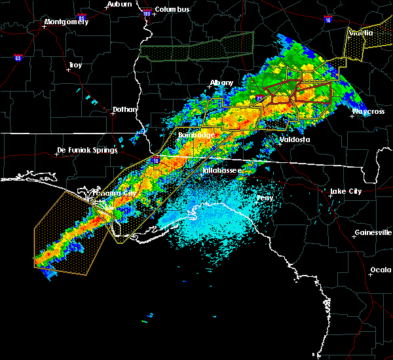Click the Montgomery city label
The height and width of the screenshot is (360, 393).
[x=65, y=22]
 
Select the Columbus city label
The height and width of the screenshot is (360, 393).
[x=173, y=9]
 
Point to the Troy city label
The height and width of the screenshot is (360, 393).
[x=75, y=65]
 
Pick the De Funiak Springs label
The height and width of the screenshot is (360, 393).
[x=87, y=150]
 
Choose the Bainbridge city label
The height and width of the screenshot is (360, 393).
[x=195, y=135]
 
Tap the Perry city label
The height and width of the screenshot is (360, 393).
[x=265, y=197]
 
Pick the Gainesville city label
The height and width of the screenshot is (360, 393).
[x=373, y=232]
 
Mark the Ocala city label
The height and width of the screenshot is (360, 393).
[x=381, y=270]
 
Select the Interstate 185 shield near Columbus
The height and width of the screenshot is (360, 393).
[x=147, y=12]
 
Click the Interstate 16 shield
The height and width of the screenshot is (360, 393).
[x=327, y=20]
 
